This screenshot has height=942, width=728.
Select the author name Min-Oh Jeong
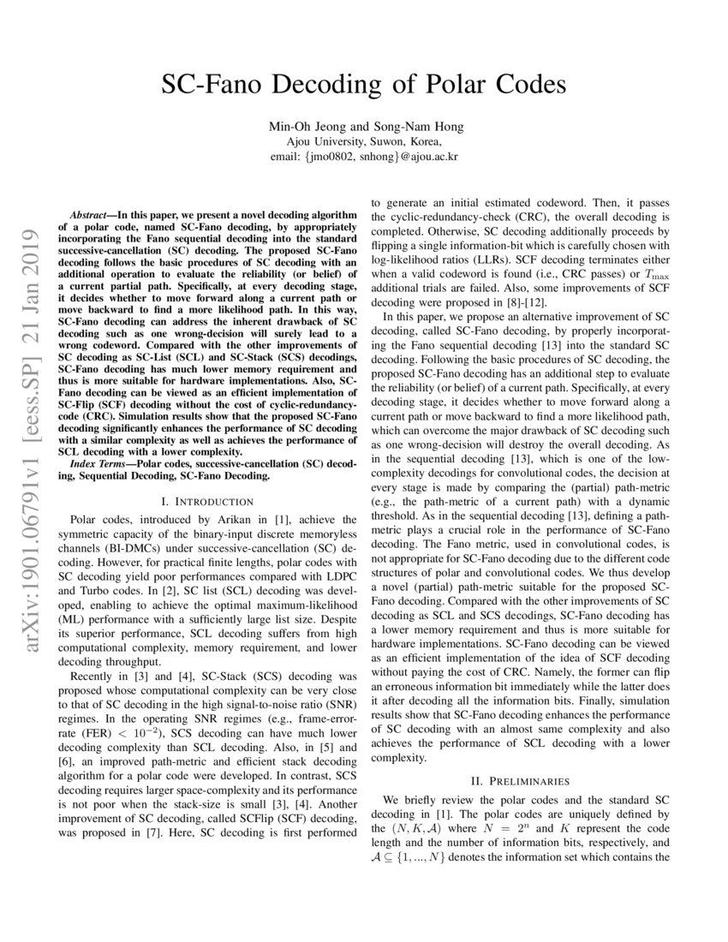(306, 128)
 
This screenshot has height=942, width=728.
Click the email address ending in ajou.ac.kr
(364, 157)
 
